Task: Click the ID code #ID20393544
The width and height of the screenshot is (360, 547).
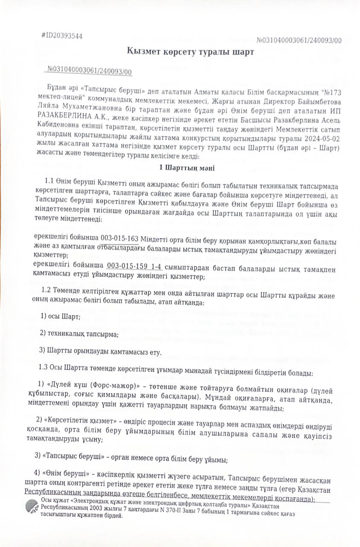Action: pyautogui.click(x=62, y=36)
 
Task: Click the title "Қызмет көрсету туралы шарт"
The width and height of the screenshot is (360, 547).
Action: pyautogui.click(x=190, y=52)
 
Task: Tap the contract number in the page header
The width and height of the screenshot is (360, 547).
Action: pyautogui.click(x=299, y=41)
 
